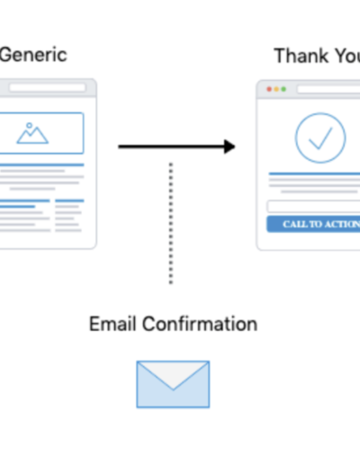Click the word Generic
tap(33, 55)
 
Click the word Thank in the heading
tap(301, 56)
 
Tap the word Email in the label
tap(112, 324)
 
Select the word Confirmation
tap(200, 324)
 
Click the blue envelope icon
tap(173, 384)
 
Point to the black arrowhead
tap(229, 147)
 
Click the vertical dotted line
tap(171, 223)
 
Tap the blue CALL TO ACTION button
tap(313, 224)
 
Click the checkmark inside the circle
tap(320, 138)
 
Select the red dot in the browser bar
tap(269, 89)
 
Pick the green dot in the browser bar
tap(283, 89)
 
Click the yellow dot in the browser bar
tap(276, 89)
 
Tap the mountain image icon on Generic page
tap(32, 133)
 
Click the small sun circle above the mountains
tap(29, 125)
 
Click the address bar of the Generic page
tap(48, 87)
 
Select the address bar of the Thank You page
tap(328, 89)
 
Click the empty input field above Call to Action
tap(313, 206)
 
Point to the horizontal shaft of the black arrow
tap(171, 147)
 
